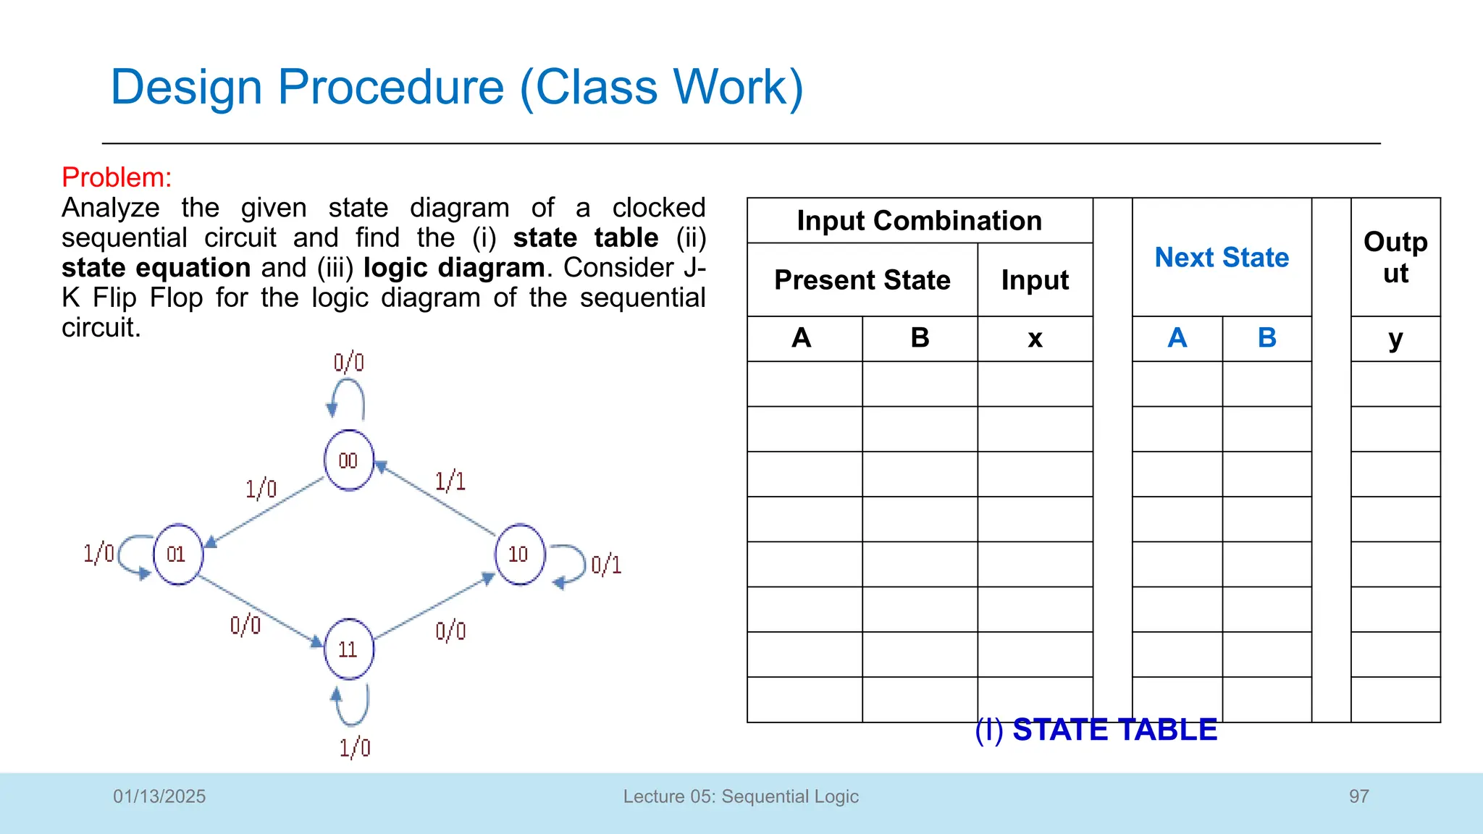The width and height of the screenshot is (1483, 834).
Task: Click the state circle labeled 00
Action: (348, 460)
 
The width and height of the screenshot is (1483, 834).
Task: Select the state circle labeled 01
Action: (177, 554)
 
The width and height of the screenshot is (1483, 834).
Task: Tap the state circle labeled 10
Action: (519, 554)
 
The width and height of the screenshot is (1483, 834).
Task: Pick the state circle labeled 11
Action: (349, 649)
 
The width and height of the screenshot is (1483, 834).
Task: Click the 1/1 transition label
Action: (450, 481)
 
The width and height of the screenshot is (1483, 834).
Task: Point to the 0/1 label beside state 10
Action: (606, 565)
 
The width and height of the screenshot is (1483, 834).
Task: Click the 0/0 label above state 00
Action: (348, 362)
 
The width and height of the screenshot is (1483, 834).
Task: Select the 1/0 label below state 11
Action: (355, 747)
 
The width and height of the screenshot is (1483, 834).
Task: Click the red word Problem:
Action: (117, 177)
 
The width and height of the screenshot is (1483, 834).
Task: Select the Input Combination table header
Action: (919, 221)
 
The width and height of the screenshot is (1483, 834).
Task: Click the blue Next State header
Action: (1222, 258)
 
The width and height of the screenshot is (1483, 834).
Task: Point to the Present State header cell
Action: (862, 280)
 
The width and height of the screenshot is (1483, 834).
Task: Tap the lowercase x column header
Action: (1035, 338)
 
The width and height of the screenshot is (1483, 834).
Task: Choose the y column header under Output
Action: (1395, 338)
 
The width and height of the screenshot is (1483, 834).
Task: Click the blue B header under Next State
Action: (1266, 338)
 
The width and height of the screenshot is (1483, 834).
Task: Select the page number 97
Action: (1358, 796)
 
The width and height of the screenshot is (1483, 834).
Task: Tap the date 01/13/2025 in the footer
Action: (159, 796)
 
